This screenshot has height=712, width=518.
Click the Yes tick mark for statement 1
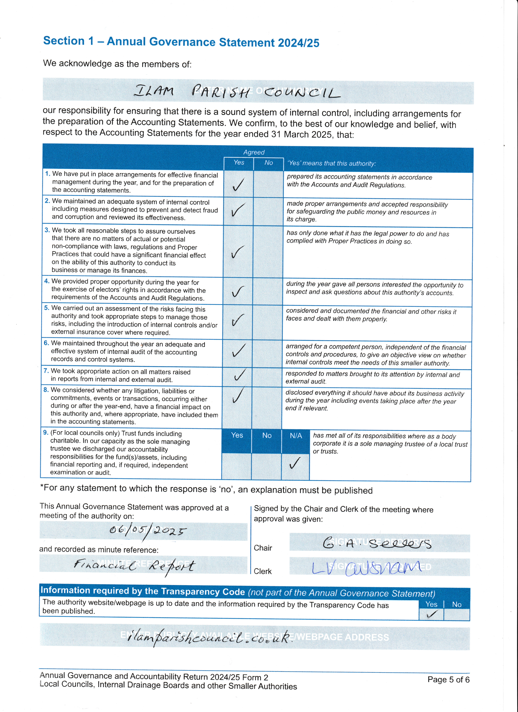[238, 185]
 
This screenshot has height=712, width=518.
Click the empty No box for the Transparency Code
[457, 614]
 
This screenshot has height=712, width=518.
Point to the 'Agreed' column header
[254, 152]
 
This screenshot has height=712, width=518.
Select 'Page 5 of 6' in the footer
[448, 680]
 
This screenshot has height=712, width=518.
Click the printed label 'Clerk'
[263, 571]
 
